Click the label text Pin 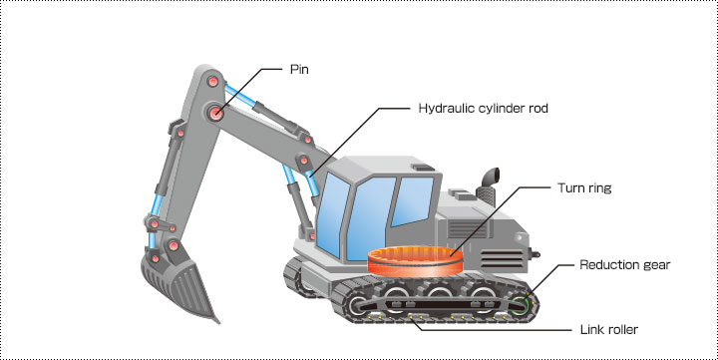point(299,69)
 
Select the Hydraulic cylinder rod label point(483,108)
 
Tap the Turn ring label point(584,187)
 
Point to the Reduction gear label point(624,264)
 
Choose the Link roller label point(609,329)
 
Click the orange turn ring point(415,261)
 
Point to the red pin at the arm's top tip point(213,82)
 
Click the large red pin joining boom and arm point(215,113)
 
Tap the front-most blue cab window point(332,214)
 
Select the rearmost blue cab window point(412,200)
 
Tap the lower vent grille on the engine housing point(502,259)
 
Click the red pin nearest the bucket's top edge point(156,258)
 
